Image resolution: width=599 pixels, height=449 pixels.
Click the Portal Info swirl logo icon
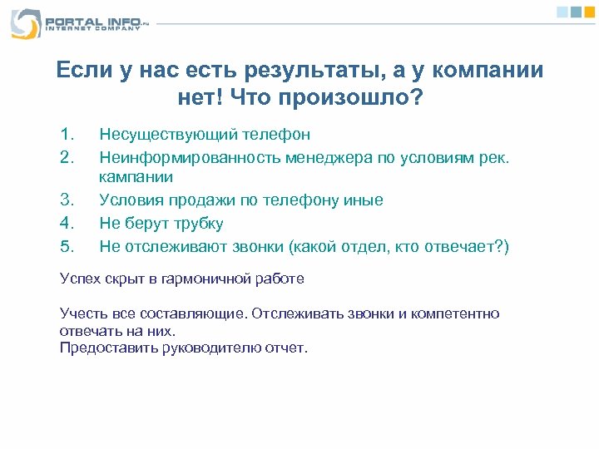pyautogui.click(x=25, y=23)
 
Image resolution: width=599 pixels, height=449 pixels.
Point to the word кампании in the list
pyautogui.click(x=136, y=176)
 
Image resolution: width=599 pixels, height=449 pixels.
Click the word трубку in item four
pyautogui.click(x=196, y=223)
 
